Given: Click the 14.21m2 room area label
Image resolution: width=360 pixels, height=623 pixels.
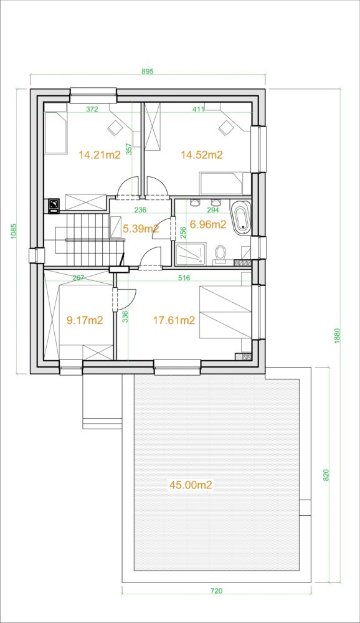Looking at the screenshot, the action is point(99,155).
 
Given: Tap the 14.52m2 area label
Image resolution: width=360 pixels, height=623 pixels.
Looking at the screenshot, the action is point(201,155).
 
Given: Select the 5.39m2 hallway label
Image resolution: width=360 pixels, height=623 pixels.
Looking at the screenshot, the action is point(141,229).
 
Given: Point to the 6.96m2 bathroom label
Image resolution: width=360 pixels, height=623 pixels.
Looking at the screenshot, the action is point(208,225).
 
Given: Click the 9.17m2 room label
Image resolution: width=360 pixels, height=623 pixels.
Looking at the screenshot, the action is point(85,320).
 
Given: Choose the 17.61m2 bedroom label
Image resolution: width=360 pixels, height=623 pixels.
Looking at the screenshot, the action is point(174,320).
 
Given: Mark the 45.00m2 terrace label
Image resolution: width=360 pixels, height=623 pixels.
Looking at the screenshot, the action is point(191,485).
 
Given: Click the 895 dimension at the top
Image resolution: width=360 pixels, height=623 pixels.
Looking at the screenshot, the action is point(148,72).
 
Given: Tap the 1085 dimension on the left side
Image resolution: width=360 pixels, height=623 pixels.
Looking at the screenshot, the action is point(12,231).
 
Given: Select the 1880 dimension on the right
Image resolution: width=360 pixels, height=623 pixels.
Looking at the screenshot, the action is point(338,336).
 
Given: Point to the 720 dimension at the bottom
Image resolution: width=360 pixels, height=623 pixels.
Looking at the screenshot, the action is point(216,591).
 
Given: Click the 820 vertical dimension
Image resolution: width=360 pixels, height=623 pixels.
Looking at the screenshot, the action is point(326,475).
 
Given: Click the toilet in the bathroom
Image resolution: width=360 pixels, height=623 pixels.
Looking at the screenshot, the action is point(220,254).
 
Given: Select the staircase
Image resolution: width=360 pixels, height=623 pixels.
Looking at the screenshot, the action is point(83,240).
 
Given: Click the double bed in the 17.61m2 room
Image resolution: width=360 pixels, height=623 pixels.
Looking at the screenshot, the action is point(225,312).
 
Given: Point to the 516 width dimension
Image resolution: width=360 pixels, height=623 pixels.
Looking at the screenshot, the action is point(184,278).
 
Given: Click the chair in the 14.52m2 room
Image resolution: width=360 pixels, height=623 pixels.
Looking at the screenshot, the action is point(225,128).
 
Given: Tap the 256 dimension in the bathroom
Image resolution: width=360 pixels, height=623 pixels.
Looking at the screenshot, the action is point(183,232).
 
